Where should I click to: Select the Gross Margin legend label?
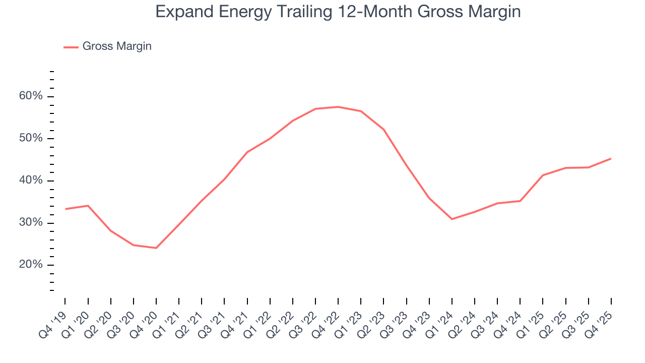[x=117, y=46]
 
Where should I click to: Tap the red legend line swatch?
[x=71, y=47]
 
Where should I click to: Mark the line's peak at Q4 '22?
[x=338, y=107]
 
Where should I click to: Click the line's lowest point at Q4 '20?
[x=156, y=248]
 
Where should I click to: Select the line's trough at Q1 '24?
[x=452, y=219]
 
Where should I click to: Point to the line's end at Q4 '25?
[x=611, y=159]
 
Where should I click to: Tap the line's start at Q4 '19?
[x=66, y=209]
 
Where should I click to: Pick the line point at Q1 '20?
[x=88, y=206]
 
